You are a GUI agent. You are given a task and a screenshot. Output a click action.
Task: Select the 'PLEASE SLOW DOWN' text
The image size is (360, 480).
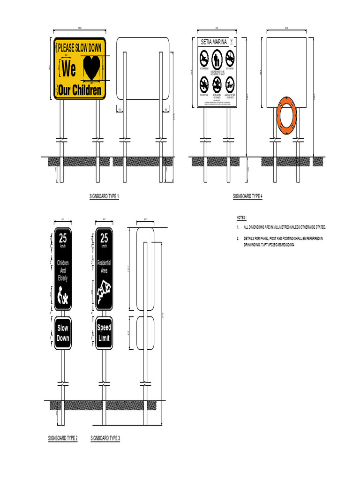[80, 47]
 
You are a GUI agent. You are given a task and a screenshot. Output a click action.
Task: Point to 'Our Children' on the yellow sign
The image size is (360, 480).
[80, 90]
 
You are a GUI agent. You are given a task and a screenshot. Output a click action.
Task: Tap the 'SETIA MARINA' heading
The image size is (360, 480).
[213, 42]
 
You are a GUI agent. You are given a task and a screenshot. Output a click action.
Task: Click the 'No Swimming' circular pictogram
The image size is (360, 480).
[204, 59]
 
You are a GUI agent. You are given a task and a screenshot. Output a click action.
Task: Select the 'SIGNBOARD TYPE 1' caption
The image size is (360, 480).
[104, 196]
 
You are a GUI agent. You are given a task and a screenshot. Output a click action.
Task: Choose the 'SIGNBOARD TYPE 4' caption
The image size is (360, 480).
[247, 196]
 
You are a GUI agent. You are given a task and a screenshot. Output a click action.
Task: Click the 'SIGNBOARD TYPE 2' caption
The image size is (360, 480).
[63, 438]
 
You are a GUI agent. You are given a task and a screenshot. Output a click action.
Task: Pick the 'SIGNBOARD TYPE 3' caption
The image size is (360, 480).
[105, 438]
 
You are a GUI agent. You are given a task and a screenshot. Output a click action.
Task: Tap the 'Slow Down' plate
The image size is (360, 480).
[63, 333]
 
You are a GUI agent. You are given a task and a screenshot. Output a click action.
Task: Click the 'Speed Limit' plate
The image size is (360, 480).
[104, 333]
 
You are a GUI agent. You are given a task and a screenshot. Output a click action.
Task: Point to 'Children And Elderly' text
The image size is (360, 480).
[63, 270]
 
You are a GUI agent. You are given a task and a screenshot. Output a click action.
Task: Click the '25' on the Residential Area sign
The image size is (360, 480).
[104, 238]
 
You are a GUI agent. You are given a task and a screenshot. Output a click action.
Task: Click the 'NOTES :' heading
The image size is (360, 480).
[241, 218]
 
